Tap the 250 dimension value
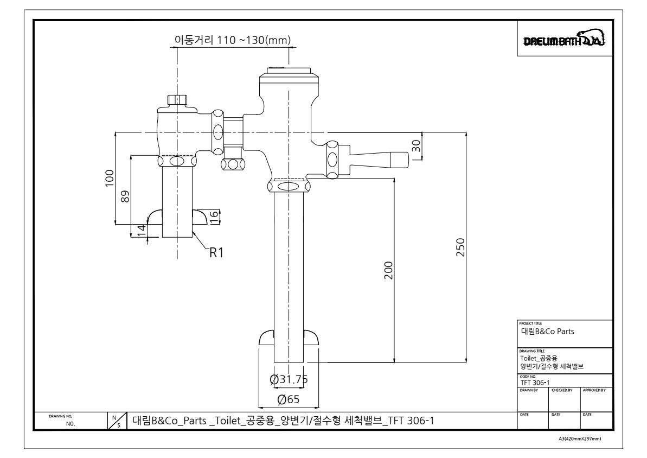[x=460, y=247]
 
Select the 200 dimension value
[x=389, y=270]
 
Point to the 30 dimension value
[x=417, y=146]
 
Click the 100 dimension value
[x=110, y=178]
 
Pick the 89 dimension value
[x=125, y=196]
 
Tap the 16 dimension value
[x=214, y=217]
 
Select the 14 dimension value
[x=142, y=231]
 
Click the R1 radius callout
[x=216, y=252]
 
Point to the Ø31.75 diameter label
[x=289, y=379]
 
